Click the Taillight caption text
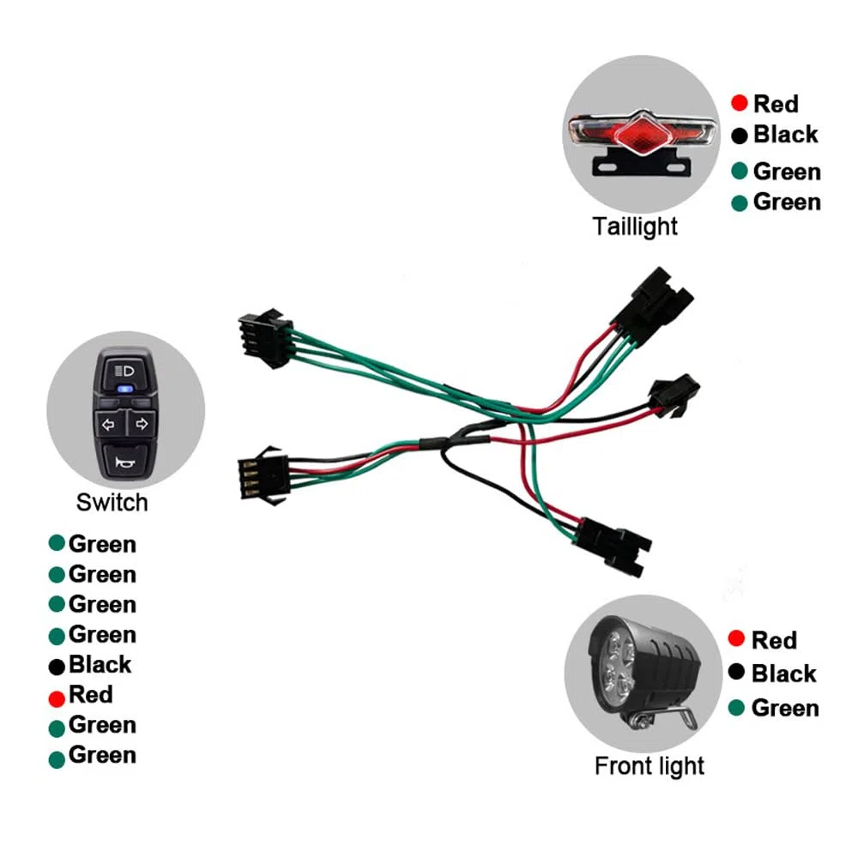tap(635, 227)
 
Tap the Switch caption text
tap(112, 502)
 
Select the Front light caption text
tap(650, 766)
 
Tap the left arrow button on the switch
tap(110, 424)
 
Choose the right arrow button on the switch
tap(142, 424)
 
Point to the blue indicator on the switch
tap(125, 390)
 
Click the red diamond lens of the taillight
tap(643, 134)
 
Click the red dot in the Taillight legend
tap(740, 102)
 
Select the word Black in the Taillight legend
tap(786, 134)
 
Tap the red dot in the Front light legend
tap(736, 638)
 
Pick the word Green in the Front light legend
tap(785, 708)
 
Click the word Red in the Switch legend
tap(91, 694)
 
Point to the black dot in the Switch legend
tap(57, 667)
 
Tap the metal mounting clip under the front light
tap(662, 719)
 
